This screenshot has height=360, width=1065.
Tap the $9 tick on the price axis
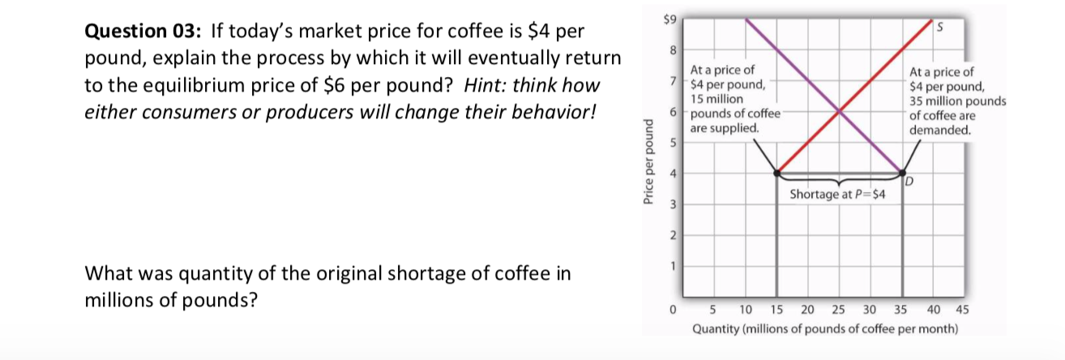point(668,17)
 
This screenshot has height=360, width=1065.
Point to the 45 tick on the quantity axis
point(962,309)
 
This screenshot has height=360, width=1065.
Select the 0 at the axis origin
point(672,309)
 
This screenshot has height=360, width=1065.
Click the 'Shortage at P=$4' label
point(837,195)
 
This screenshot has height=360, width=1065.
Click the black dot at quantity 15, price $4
point(776,173)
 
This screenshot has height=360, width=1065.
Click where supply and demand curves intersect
point(839,110)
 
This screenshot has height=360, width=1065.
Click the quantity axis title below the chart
point(825,330)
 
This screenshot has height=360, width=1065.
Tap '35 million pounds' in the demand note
point(958,101)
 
